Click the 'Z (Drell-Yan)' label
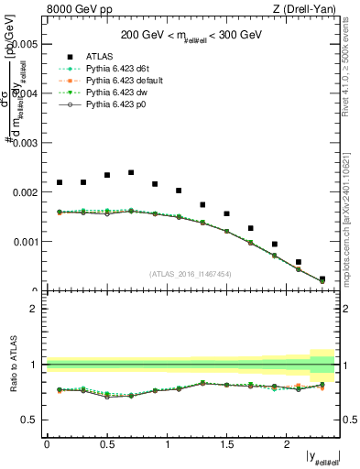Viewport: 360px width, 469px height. tap(309, 10)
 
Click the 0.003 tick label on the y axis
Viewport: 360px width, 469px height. tap(24, 143)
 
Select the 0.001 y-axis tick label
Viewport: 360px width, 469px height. tap(24, 243)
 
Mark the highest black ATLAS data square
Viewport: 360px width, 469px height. tap(131, 172)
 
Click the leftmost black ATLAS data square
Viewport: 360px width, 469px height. tap(60, 182)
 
